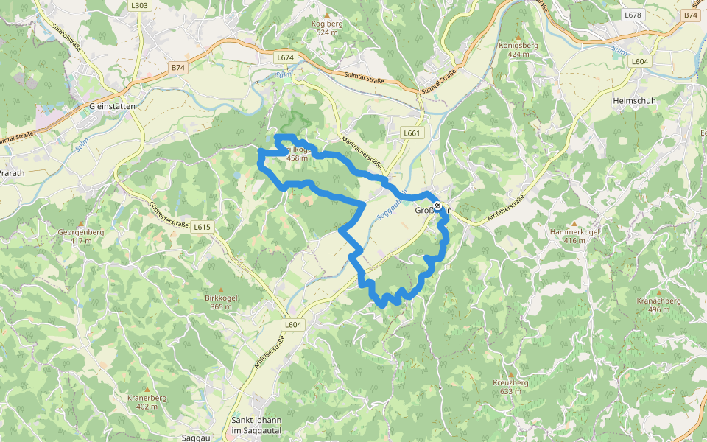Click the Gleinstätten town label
click(111, 106)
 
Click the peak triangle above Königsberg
click(518, 36)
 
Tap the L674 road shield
click(285, 57)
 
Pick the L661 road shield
click(412, 133)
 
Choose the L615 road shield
click(203, 228)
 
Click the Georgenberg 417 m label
click(80, 236)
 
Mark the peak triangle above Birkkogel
click(220, 290)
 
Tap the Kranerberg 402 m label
click(147, 401)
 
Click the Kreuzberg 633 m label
click(510, 387)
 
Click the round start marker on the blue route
click(438, 206)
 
